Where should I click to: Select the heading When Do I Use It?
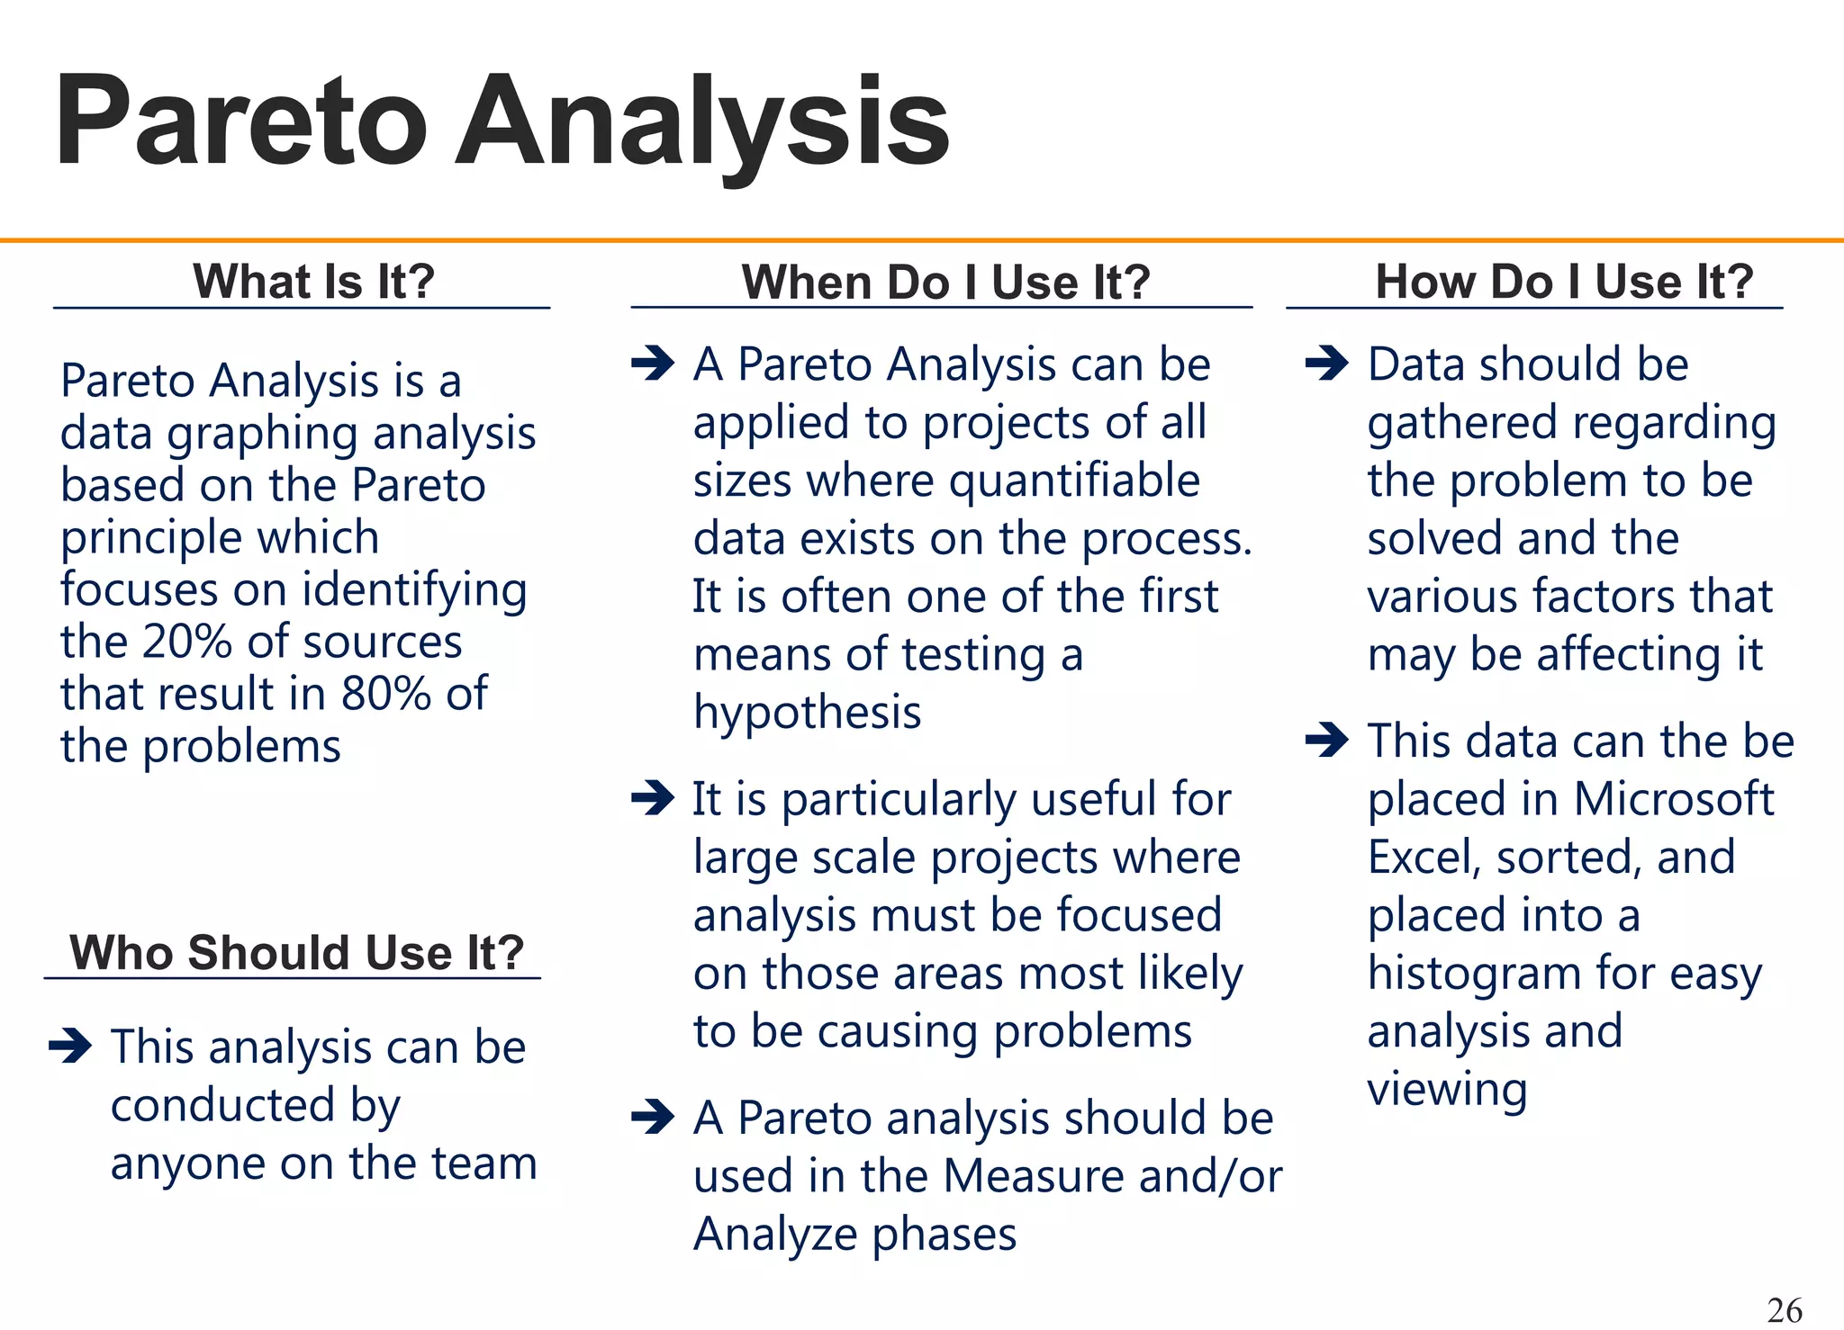coord(945,282)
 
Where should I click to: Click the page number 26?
coord(1785,1309)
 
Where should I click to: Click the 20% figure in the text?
coord(187,642)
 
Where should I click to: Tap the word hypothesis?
coord(807,713)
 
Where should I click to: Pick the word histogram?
coord(1473,975)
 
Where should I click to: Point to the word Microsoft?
coord(1673,799)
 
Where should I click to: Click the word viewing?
coord(1447,1090)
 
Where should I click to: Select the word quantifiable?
coord(1074,481)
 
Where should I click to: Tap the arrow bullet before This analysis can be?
coord(70,1046)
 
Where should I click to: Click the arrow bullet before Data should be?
coord(1326,364)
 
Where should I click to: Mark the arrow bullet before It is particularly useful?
coord(653,797)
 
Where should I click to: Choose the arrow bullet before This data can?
coord(1326,741)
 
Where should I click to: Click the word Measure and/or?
coord(1111,1176)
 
